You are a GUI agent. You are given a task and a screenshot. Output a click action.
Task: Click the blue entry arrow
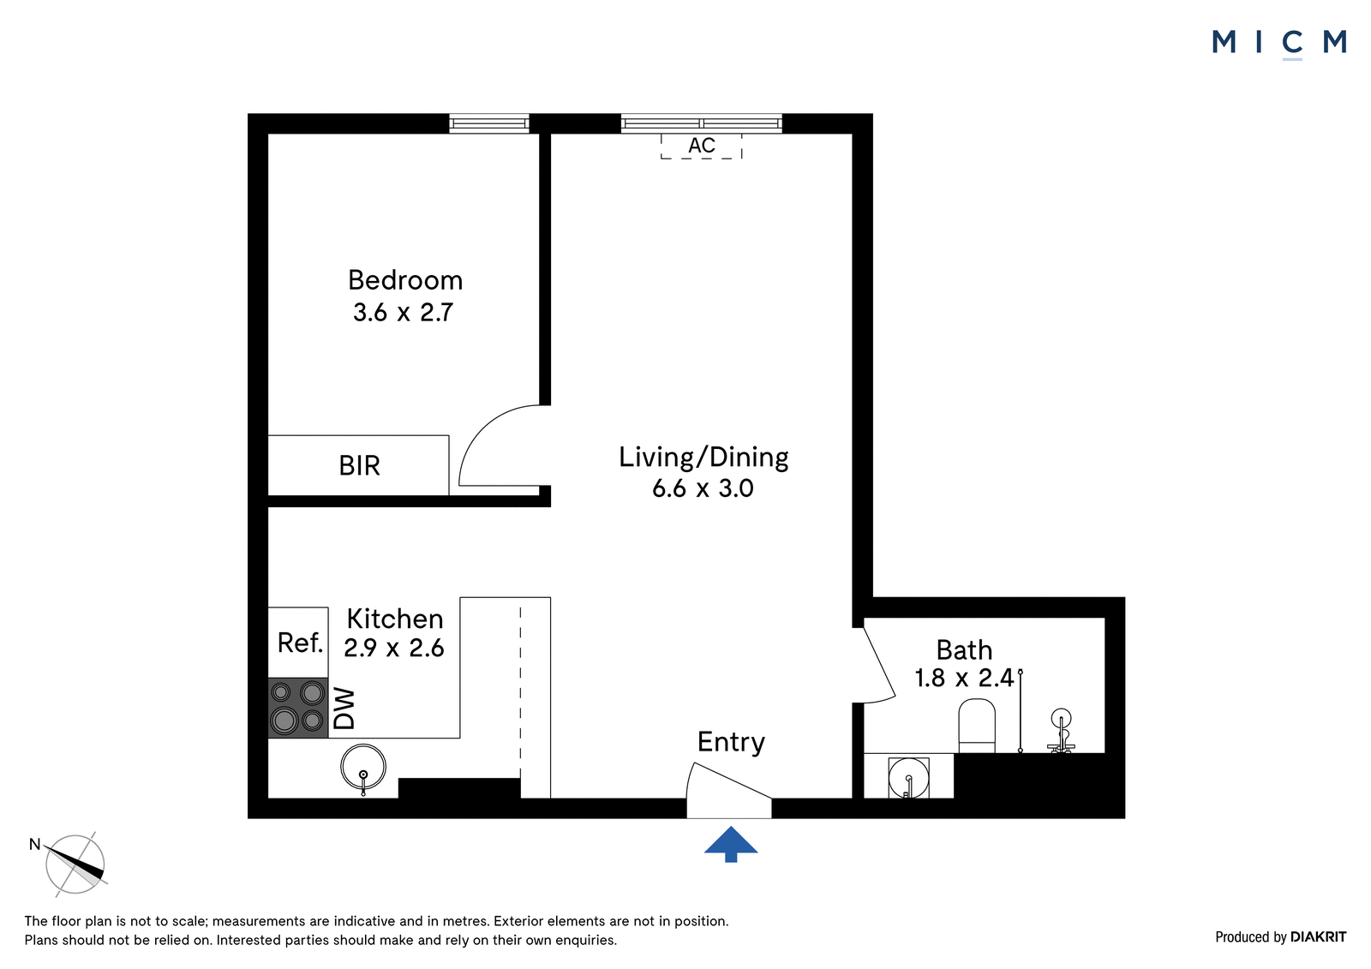[731, 844]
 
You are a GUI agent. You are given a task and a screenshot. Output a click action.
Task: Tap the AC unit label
[702, 146]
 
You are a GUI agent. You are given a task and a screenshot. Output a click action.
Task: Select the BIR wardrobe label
[359, 466]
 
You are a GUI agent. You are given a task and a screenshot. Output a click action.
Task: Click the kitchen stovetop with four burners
[298, 707]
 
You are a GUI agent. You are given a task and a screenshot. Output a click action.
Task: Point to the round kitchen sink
[363, 767]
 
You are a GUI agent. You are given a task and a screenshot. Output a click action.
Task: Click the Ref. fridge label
[300, 643]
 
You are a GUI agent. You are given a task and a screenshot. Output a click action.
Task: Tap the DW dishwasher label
[344, 709]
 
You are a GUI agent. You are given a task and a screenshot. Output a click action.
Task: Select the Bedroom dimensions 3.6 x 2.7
[403, 312]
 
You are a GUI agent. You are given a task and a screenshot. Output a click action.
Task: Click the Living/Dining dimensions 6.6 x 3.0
[703, 487]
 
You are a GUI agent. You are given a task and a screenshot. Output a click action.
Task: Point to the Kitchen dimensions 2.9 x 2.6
[393, 648]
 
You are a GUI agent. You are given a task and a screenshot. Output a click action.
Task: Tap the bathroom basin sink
[908, 777]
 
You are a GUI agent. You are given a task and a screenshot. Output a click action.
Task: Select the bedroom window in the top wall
[489, 123]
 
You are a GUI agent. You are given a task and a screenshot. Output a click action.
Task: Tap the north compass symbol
[75, 864]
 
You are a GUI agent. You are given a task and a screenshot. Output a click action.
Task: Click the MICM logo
[1279, 43]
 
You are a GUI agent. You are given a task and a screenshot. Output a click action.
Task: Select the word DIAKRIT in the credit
[1318, 937]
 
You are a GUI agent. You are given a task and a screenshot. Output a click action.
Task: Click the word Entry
[731, 742]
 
